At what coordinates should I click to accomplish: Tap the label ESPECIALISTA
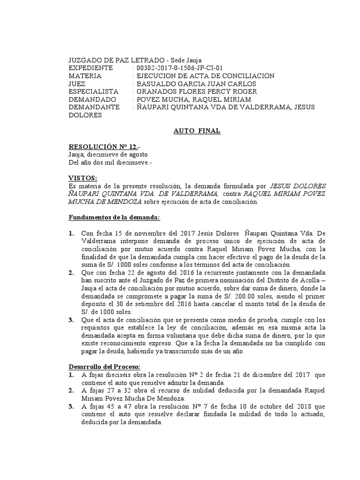93,91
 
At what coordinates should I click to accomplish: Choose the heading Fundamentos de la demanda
114,217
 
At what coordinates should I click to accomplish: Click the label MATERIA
85,76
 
